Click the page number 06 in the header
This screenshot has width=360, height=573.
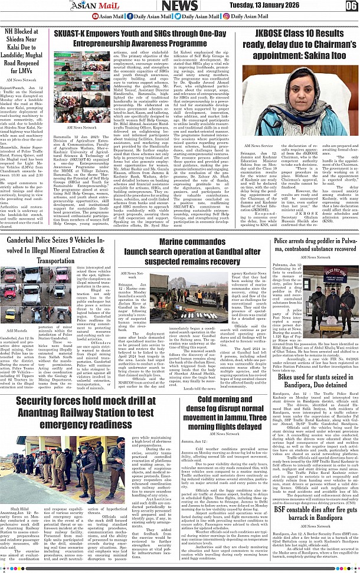pos(351,6)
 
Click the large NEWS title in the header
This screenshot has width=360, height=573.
pos(179,6)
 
